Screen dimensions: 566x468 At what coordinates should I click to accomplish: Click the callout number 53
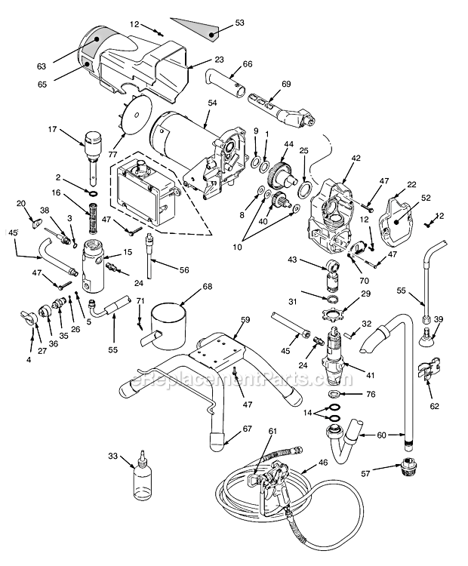tap(240, 23)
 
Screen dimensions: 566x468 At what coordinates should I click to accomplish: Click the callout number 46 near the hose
tap(323, 462)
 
